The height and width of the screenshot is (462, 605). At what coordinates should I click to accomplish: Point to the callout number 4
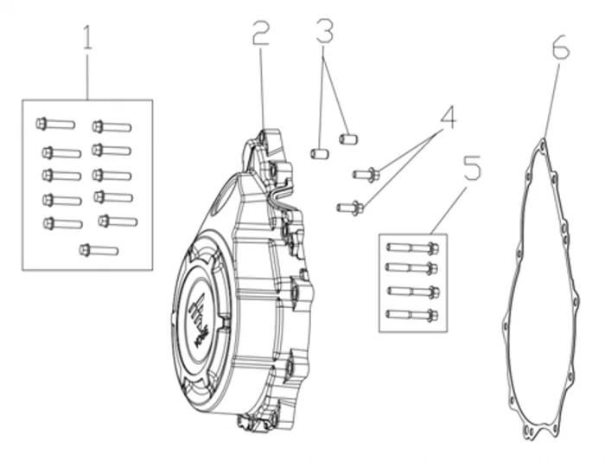446,117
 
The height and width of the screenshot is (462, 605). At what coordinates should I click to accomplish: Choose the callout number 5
471,168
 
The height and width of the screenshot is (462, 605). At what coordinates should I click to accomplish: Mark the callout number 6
560,49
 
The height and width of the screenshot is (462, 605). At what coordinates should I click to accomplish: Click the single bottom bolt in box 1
98,250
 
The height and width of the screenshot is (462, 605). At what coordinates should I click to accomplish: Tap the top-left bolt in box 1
54,124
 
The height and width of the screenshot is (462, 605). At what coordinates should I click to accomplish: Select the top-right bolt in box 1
111,126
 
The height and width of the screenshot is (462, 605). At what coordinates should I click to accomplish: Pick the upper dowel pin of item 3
347,138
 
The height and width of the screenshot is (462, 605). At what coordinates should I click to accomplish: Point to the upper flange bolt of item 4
365,175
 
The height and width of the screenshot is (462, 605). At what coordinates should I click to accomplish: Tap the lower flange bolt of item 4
348,207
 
